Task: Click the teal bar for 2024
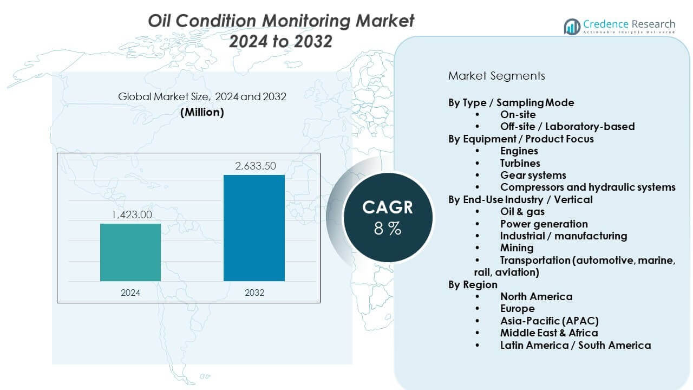coord(130,252)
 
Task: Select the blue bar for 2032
coord(254,227)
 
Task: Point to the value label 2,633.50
coord(254,166)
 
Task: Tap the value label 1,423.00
coord(131,215)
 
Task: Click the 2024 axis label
coord(130,292)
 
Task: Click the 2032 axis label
coord(254,292)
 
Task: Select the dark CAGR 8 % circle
coord(387,217)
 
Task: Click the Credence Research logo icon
coord(572,26)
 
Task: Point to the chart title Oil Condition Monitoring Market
coord(281,21)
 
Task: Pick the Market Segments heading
coord(496,76)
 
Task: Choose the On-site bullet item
coord(518,114)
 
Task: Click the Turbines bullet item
coord(520,163)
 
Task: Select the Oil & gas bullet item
coord(522,211)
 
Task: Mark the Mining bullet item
coord(517,248)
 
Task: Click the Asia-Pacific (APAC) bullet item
coord(549,321)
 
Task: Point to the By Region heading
coord(473,284)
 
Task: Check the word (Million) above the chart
coord(202,112)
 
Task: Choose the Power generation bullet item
coord(544,224)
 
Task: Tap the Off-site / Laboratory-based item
coord(567,126)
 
